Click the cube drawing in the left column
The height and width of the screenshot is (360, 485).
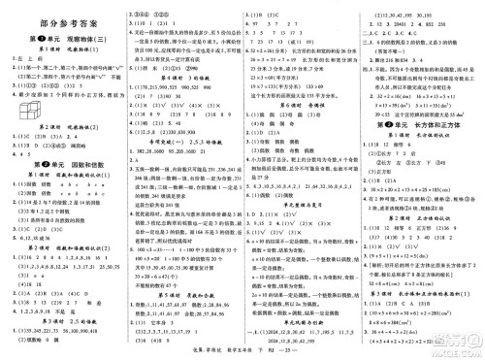[27, 115]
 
